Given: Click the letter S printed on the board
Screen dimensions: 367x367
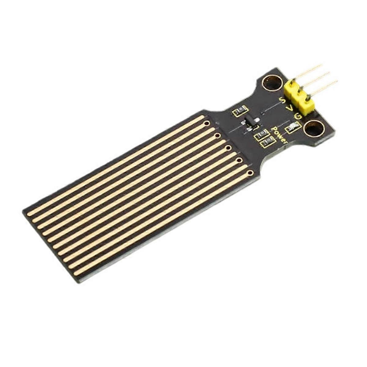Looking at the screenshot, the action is click(283, 100).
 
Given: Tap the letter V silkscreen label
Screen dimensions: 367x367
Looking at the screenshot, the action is click(291, 109).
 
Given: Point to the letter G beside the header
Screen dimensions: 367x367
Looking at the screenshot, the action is click(298, 116).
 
